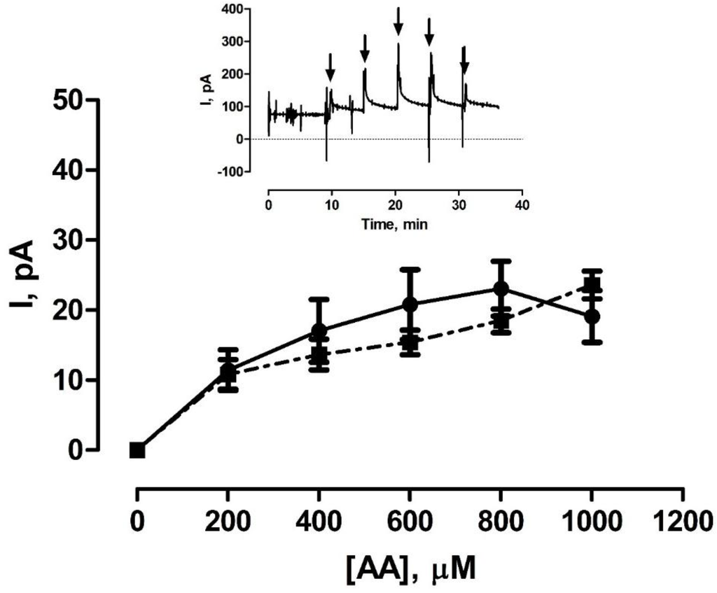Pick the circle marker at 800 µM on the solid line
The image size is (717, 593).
[501, 288]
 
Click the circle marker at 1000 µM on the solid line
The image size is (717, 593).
[592, 316]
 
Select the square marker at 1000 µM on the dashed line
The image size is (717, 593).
[592, 285]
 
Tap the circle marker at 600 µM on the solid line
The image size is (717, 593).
[410, 304]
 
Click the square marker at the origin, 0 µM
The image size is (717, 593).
[137, 449]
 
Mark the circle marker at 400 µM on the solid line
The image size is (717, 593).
[319, 330]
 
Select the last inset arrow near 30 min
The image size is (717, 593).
[464, 59]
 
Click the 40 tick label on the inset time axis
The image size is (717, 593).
[522, 206]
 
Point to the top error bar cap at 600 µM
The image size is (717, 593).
[410, 269]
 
